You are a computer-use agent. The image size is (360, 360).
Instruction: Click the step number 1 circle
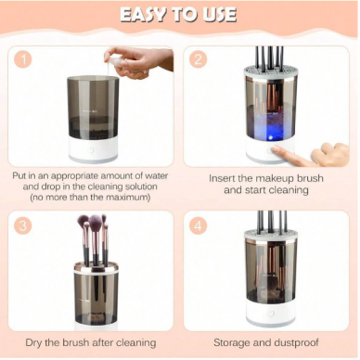pos(23,58)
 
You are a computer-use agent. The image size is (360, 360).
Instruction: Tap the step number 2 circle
pos(199,58)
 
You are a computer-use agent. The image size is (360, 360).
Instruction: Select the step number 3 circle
pos(23,226)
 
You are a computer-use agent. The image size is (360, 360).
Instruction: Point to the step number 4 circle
pos(199,226)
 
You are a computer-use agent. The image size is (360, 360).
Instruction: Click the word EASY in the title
pos(142,15)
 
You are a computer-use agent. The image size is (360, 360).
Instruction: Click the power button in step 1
pos(91,150)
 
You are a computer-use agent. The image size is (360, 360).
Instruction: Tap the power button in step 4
pos(271,315)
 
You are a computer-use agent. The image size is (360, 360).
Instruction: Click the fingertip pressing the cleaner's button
pos(275,149)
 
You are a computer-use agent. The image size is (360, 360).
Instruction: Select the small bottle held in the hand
pos(115,62)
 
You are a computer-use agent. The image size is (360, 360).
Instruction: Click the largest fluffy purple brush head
pos(96,221)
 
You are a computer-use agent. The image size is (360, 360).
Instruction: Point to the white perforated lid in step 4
pos(270,235)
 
